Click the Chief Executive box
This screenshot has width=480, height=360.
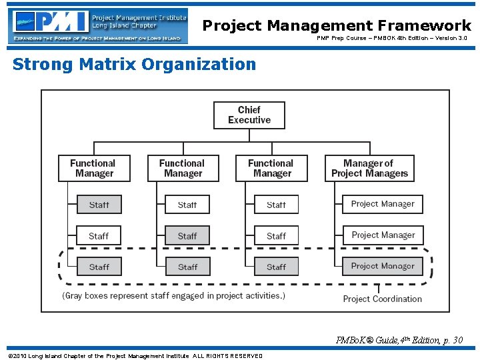tap(249, 115)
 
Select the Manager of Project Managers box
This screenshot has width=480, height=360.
tap(369, 168)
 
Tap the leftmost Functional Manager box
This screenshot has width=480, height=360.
tap(94, 168)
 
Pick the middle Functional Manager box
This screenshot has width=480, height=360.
tap(183, 168)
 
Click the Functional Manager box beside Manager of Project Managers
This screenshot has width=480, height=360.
tap(271, 168)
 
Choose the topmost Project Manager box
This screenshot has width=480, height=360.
tap(383, 204)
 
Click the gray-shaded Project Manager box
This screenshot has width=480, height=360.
tap(383, 266)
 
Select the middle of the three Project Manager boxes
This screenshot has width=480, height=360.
tap(383, 235)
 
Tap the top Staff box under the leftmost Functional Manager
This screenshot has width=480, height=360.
tap(99, 205)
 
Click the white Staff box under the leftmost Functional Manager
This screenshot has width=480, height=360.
tap(99, 236)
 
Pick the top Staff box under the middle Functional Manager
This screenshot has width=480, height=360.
tap(187, 205)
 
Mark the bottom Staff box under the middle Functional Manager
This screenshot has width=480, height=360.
tap(187, 267)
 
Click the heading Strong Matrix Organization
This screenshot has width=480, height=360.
tap(134, 65)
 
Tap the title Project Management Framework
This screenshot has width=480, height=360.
tap(337, 25)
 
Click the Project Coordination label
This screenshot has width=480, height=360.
tap(382, 299)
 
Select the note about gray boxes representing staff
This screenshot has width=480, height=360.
tap(173, 295)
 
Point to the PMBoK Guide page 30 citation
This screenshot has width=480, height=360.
tap(399, 341)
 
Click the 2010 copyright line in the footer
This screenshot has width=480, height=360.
tap(134, 355)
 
